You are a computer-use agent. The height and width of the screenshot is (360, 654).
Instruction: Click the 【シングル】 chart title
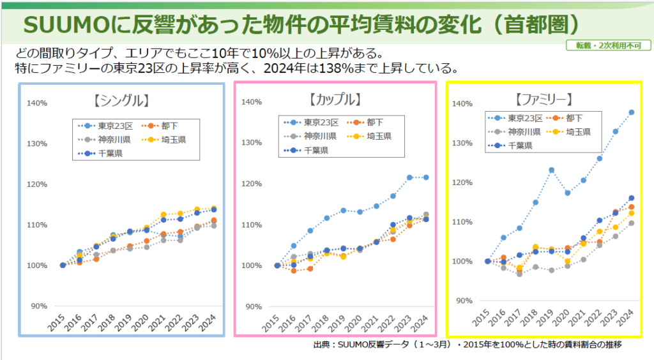click(121, 100)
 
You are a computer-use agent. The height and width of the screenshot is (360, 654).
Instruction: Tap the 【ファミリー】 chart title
click(542, 100)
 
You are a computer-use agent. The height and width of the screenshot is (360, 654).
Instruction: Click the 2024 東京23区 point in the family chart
click(631, 112)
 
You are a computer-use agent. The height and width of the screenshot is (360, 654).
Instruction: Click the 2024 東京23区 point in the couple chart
click(426, 177)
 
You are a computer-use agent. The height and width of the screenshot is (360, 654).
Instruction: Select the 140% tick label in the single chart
click(37, 103)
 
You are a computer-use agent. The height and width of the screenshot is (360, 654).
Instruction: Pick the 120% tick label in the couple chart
click(252, 184)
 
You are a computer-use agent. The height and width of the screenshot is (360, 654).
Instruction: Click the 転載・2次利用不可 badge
click(604, 45)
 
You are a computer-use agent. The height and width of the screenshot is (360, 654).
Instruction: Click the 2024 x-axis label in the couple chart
click(420, 324)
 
